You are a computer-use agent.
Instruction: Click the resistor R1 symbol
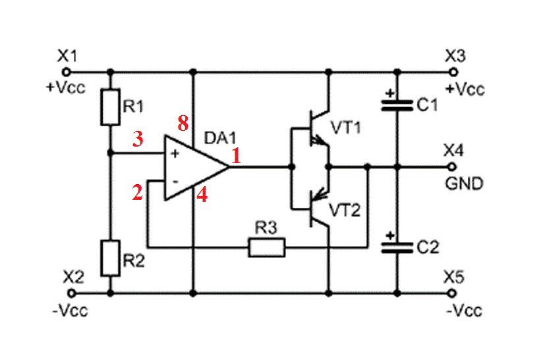110,108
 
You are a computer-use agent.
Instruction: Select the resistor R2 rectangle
110,257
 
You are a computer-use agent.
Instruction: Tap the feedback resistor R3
267,248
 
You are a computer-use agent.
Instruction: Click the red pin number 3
138,138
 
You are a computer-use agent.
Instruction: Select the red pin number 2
138,193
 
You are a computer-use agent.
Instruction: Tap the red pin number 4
202,195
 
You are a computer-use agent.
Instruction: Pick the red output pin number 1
237,156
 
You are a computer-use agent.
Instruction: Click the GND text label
465,183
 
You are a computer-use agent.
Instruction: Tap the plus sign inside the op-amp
175,154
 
